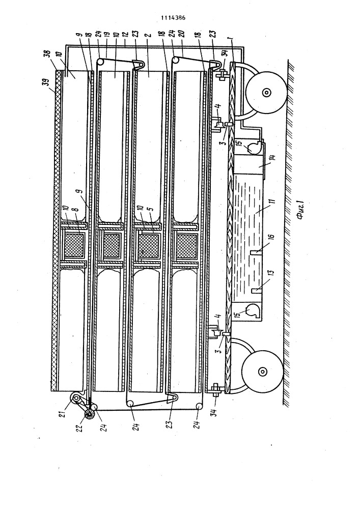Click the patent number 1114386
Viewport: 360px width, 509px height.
pyautogui.click(x=173, y=18)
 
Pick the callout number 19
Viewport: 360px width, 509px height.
pyautogui.click(x=106, y=35)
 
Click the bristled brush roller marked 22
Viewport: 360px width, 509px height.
pyautogui.click(x=89, y=413)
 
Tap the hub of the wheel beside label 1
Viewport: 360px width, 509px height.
pyautogui.click(x=266, y=93)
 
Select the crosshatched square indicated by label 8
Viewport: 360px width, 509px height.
pyautogui.click(x=74, y=243)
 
